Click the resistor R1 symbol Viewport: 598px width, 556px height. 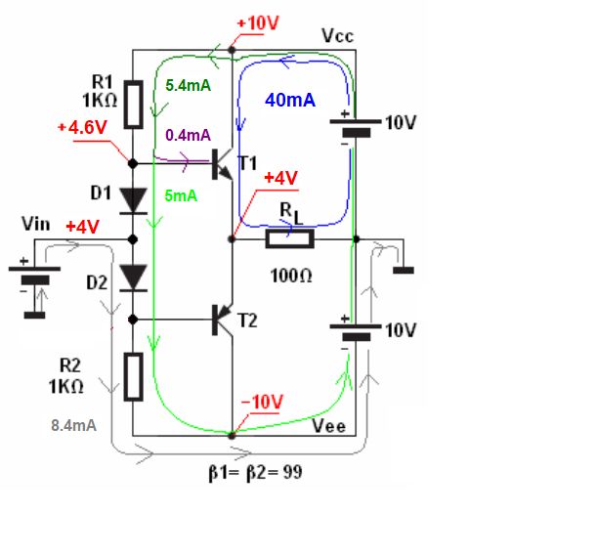tap(133, 106)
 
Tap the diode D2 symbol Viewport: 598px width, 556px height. tap(132, 278)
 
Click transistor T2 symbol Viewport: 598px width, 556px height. tap(223, 320)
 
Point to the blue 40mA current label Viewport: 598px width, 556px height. tap(289, 100)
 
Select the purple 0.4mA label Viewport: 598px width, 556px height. tap(188, 135)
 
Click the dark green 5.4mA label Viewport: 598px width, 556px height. tap(189, 85)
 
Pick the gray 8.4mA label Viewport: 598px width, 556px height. tap(73, 425)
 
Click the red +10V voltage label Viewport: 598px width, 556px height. tap(258, 23)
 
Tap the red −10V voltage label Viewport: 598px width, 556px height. tap(262, 403)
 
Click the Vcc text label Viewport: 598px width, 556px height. tap(337, 36)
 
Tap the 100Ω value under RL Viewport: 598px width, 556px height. tap(292, 277)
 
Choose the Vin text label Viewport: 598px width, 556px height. tap(35, 225)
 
